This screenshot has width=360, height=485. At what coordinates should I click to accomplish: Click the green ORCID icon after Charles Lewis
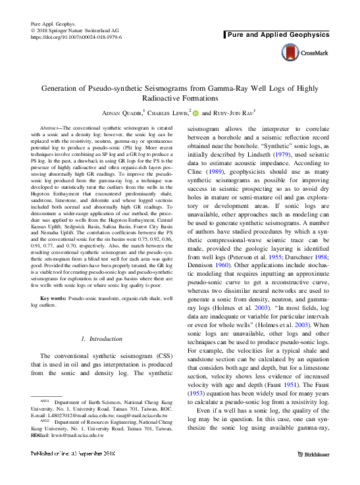(195, 113)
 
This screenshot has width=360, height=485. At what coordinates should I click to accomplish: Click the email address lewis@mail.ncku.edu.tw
(72, 435)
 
